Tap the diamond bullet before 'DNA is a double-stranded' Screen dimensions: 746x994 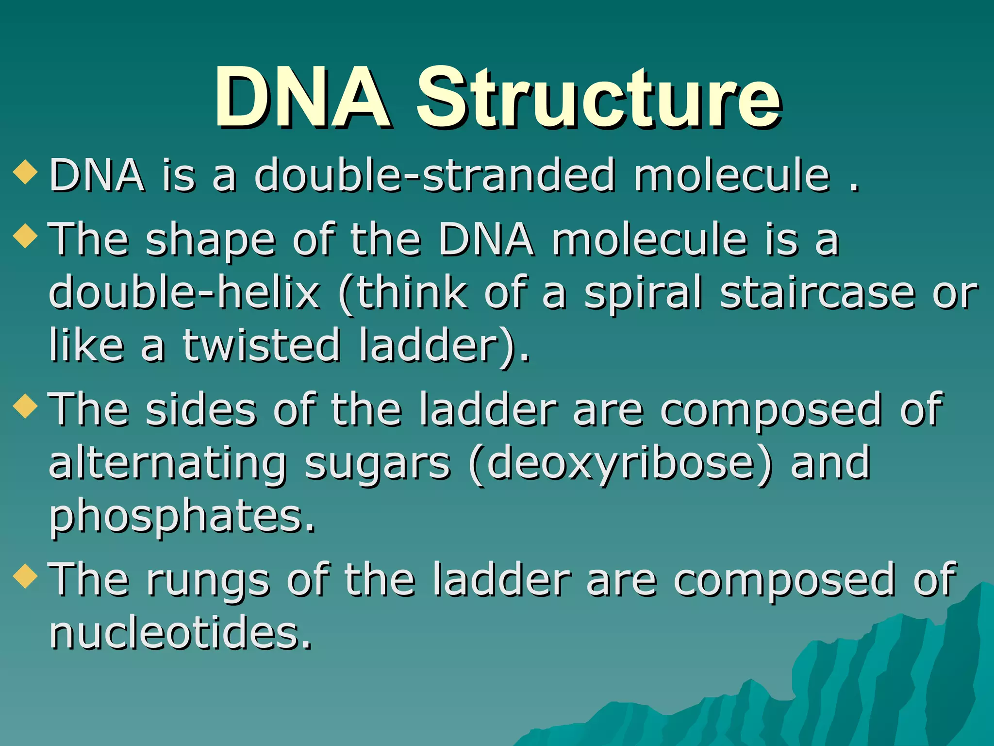click(26, 172)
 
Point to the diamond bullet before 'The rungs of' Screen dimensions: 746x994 click(26, 576)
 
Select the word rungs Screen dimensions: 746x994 click(208, 580)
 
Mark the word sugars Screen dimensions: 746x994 click(378, 464)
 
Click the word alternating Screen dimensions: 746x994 click(167, 464)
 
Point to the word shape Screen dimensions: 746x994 click(211, 240)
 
